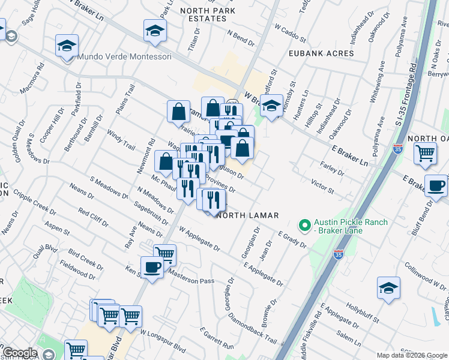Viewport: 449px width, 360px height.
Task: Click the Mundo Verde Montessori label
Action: point(124,56)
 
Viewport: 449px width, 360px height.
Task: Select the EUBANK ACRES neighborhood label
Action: point(321,53)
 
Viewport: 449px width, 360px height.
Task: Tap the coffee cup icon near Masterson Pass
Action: point(152,268)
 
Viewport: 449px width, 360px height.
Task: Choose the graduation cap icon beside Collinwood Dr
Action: point(388,288)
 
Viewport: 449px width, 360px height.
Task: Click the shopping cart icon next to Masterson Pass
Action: point(164,254)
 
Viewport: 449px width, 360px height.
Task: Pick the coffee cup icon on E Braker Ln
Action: point(436,185)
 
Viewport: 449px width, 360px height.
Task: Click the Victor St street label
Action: point(322,185)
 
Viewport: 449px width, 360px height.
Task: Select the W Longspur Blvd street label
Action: point(163,340)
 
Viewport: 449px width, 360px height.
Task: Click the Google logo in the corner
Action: point(19,353)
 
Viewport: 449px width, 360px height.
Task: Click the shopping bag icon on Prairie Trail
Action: point(179,111)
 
